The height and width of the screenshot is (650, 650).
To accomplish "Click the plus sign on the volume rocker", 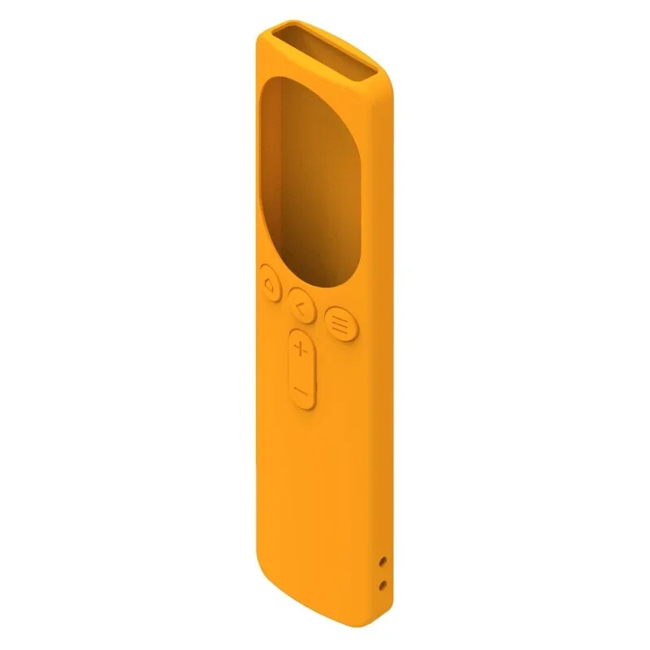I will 301,350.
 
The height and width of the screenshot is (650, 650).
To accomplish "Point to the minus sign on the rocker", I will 301,392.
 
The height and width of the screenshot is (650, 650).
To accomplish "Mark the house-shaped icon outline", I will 269,284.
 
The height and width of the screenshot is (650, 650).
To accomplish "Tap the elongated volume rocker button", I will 301,370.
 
